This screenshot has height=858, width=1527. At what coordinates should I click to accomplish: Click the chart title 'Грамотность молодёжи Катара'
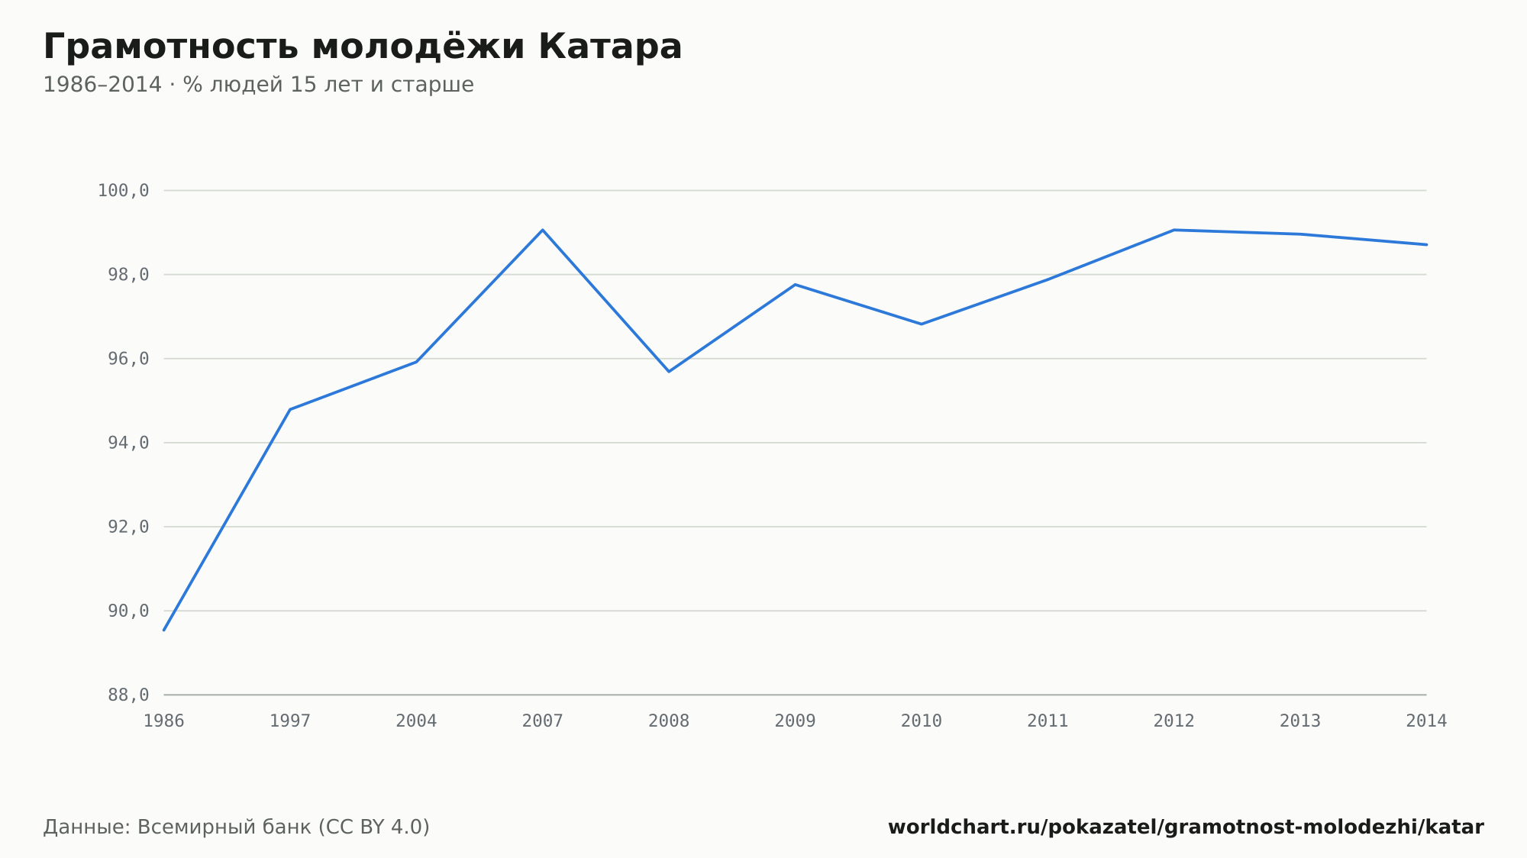pos(363,47)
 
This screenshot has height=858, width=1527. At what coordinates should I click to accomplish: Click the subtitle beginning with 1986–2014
pos(258,85)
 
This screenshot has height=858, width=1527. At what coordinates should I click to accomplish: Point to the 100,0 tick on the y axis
pos(123,191)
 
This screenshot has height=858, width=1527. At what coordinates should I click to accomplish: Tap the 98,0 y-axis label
pos(128,275)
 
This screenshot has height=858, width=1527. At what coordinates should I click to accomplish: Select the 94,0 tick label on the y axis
pos(128,443)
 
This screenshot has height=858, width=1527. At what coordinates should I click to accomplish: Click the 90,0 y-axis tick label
pos(128,611)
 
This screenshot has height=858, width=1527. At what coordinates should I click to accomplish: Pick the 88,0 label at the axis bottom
pos(128,695)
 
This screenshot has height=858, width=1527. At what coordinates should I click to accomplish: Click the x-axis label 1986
pos(164,721)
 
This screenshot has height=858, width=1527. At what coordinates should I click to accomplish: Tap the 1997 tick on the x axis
pos(290,721)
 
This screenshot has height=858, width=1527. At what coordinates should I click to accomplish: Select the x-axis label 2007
pos(543,721)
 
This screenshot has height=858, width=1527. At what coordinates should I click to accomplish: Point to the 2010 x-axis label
pos(922,721)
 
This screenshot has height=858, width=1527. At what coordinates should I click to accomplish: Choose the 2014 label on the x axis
pos(1426,721)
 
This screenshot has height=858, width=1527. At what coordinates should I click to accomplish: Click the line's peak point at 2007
pos(543,230)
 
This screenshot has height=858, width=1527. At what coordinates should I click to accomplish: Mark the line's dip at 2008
pos(669,371)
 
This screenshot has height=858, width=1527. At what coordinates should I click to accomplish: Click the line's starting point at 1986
pos(164,630)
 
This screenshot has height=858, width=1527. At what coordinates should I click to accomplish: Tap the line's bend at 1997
pos(290,409)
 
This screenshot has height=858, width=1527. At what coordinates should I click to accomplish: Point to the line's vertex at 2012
pos(1173,230)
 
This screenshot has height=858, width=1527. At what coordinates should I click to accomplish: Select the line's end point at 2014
pos(1426,244)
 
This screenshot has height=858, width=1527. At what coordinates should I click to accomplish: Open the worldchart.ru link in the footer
pos(1186,827)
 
